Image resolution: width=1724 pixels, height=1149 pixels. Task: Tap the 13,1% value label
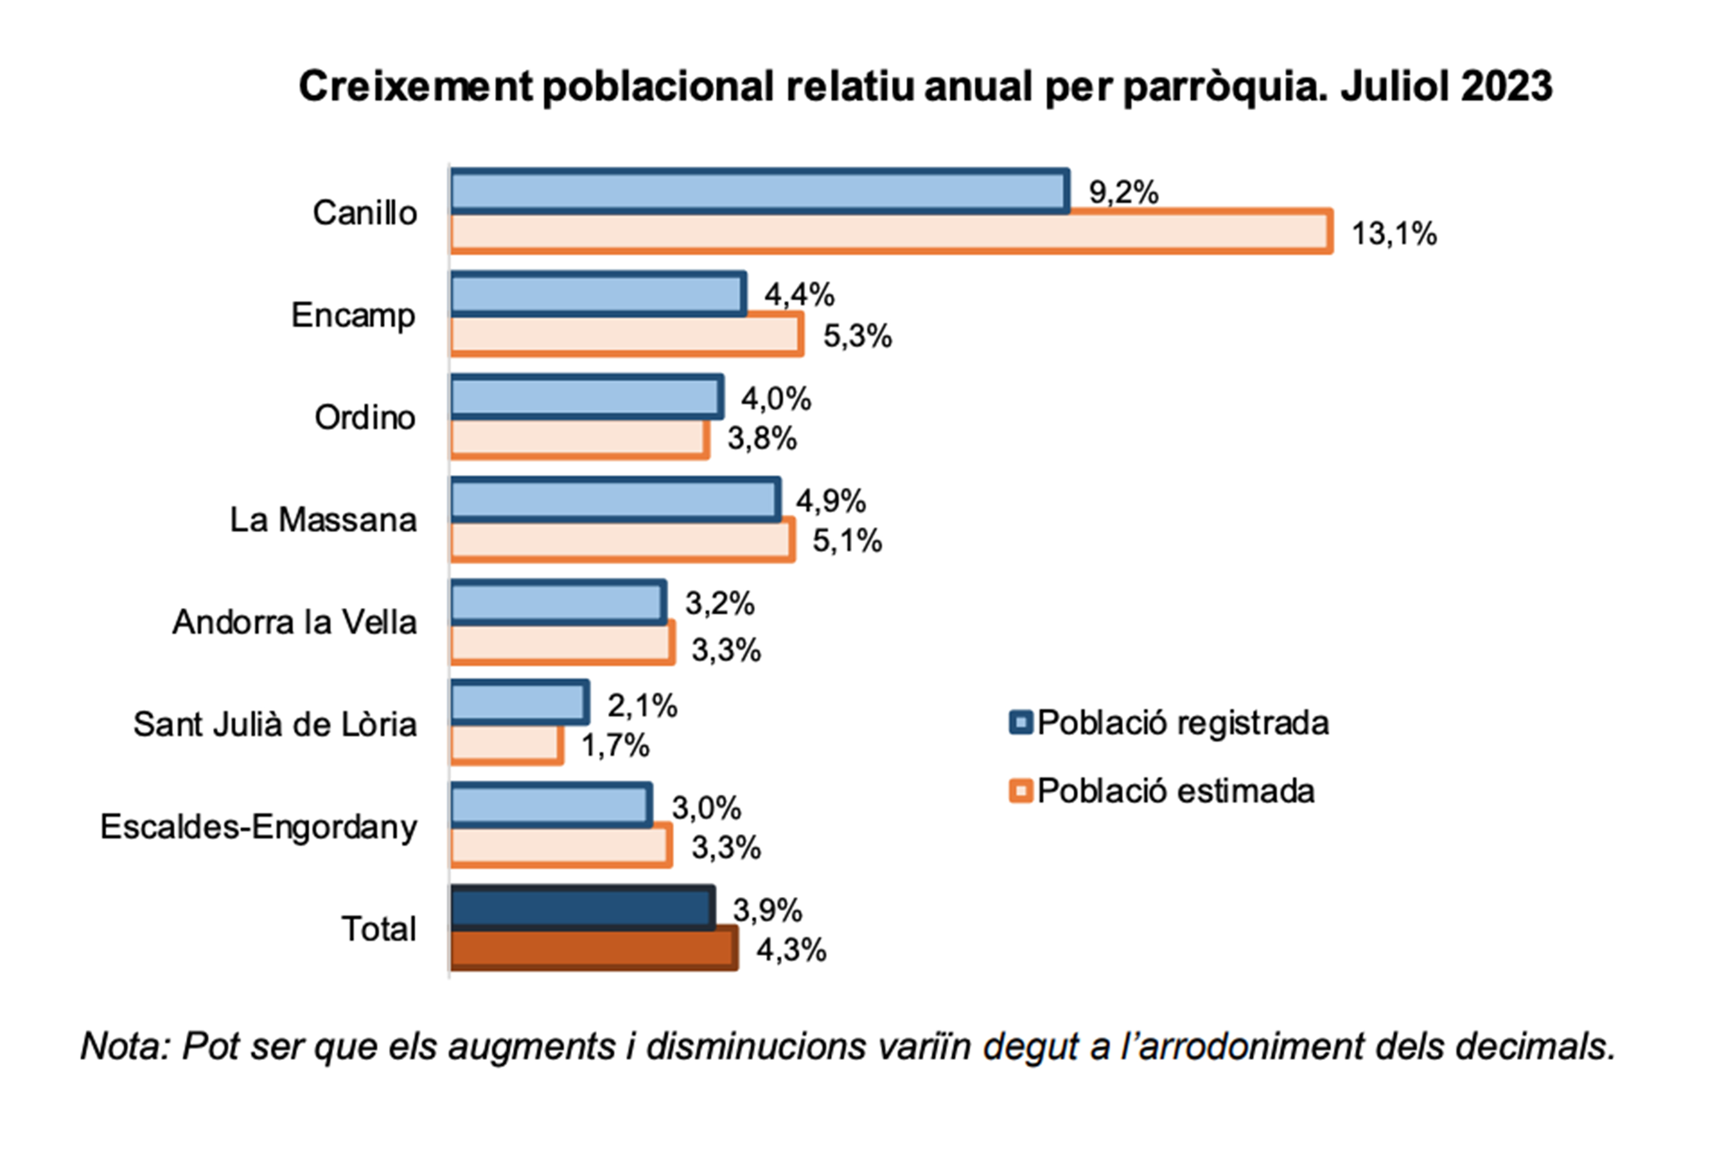[x=1394, y=234]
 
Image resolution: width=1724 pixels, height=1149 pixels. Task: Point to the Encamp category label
[x=353, y=316]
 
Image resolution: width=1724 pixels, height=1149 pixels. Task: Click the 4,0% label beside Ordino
[x=775, y=399]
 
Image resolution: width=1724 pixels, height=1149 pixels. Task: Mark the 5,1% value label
[x=846, y=541]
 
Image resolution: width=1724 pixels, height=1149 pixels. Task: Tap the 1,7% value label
[x=615, y=747]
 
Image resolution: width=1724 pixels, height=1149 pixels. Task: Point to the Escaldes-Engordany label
[x=259, y=827]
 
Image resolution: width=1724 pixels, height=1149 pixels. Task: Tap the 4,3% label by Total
[x=791, y=950]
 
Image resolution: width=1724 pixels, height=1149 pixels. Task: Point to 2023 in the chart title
[x=1506, y=86]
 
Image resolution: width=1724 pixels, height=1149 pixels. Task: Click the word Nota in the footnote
[x=123, y=1046]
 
